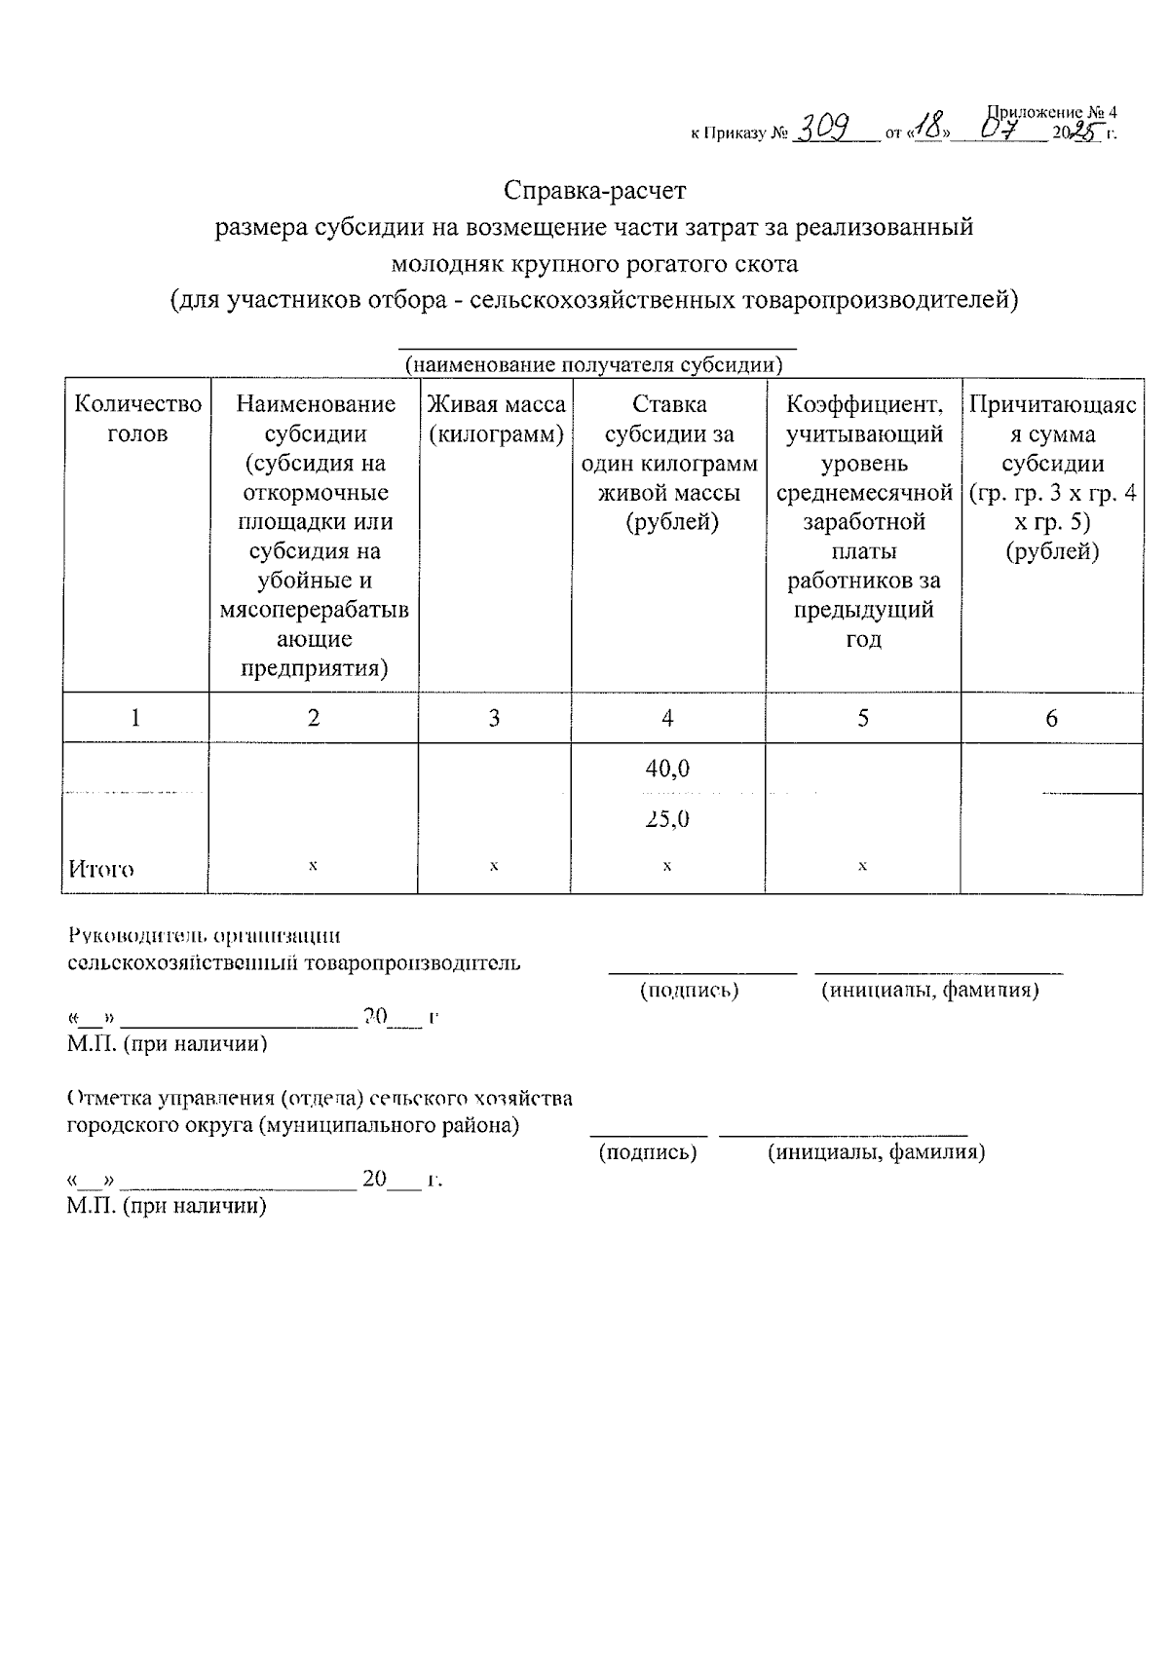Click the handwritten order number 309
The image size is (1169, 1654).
824,128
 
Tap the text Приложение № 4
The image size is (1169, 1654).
1052,112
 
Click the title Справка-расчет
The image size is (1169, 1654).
594,188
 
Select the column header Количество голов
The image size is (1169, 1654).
137,419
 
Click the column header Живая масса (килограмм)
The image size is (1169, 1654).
496,419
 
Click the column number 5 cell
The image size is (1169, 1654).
863,719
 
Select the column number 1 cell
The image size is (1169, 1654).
135,719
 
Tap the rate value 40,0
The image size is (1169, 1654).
667,769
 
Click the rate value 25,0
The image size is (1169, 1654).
667,819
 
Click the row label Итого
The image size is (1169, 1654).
101,869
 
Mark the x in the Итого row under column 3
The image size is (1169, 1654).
495,865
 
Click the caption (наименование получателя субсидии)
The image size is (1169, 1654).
594,365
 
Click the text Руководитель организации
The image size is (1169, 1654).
205,936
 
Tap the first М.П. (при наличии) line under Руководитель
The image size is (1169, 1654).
167,1044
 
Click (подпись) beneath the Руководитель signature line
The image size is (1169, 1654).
689,991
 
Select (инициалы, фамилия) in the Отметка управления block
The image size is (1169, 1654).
876,1153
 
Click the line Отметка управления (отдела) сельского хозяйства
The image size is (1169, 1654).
320,1099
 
